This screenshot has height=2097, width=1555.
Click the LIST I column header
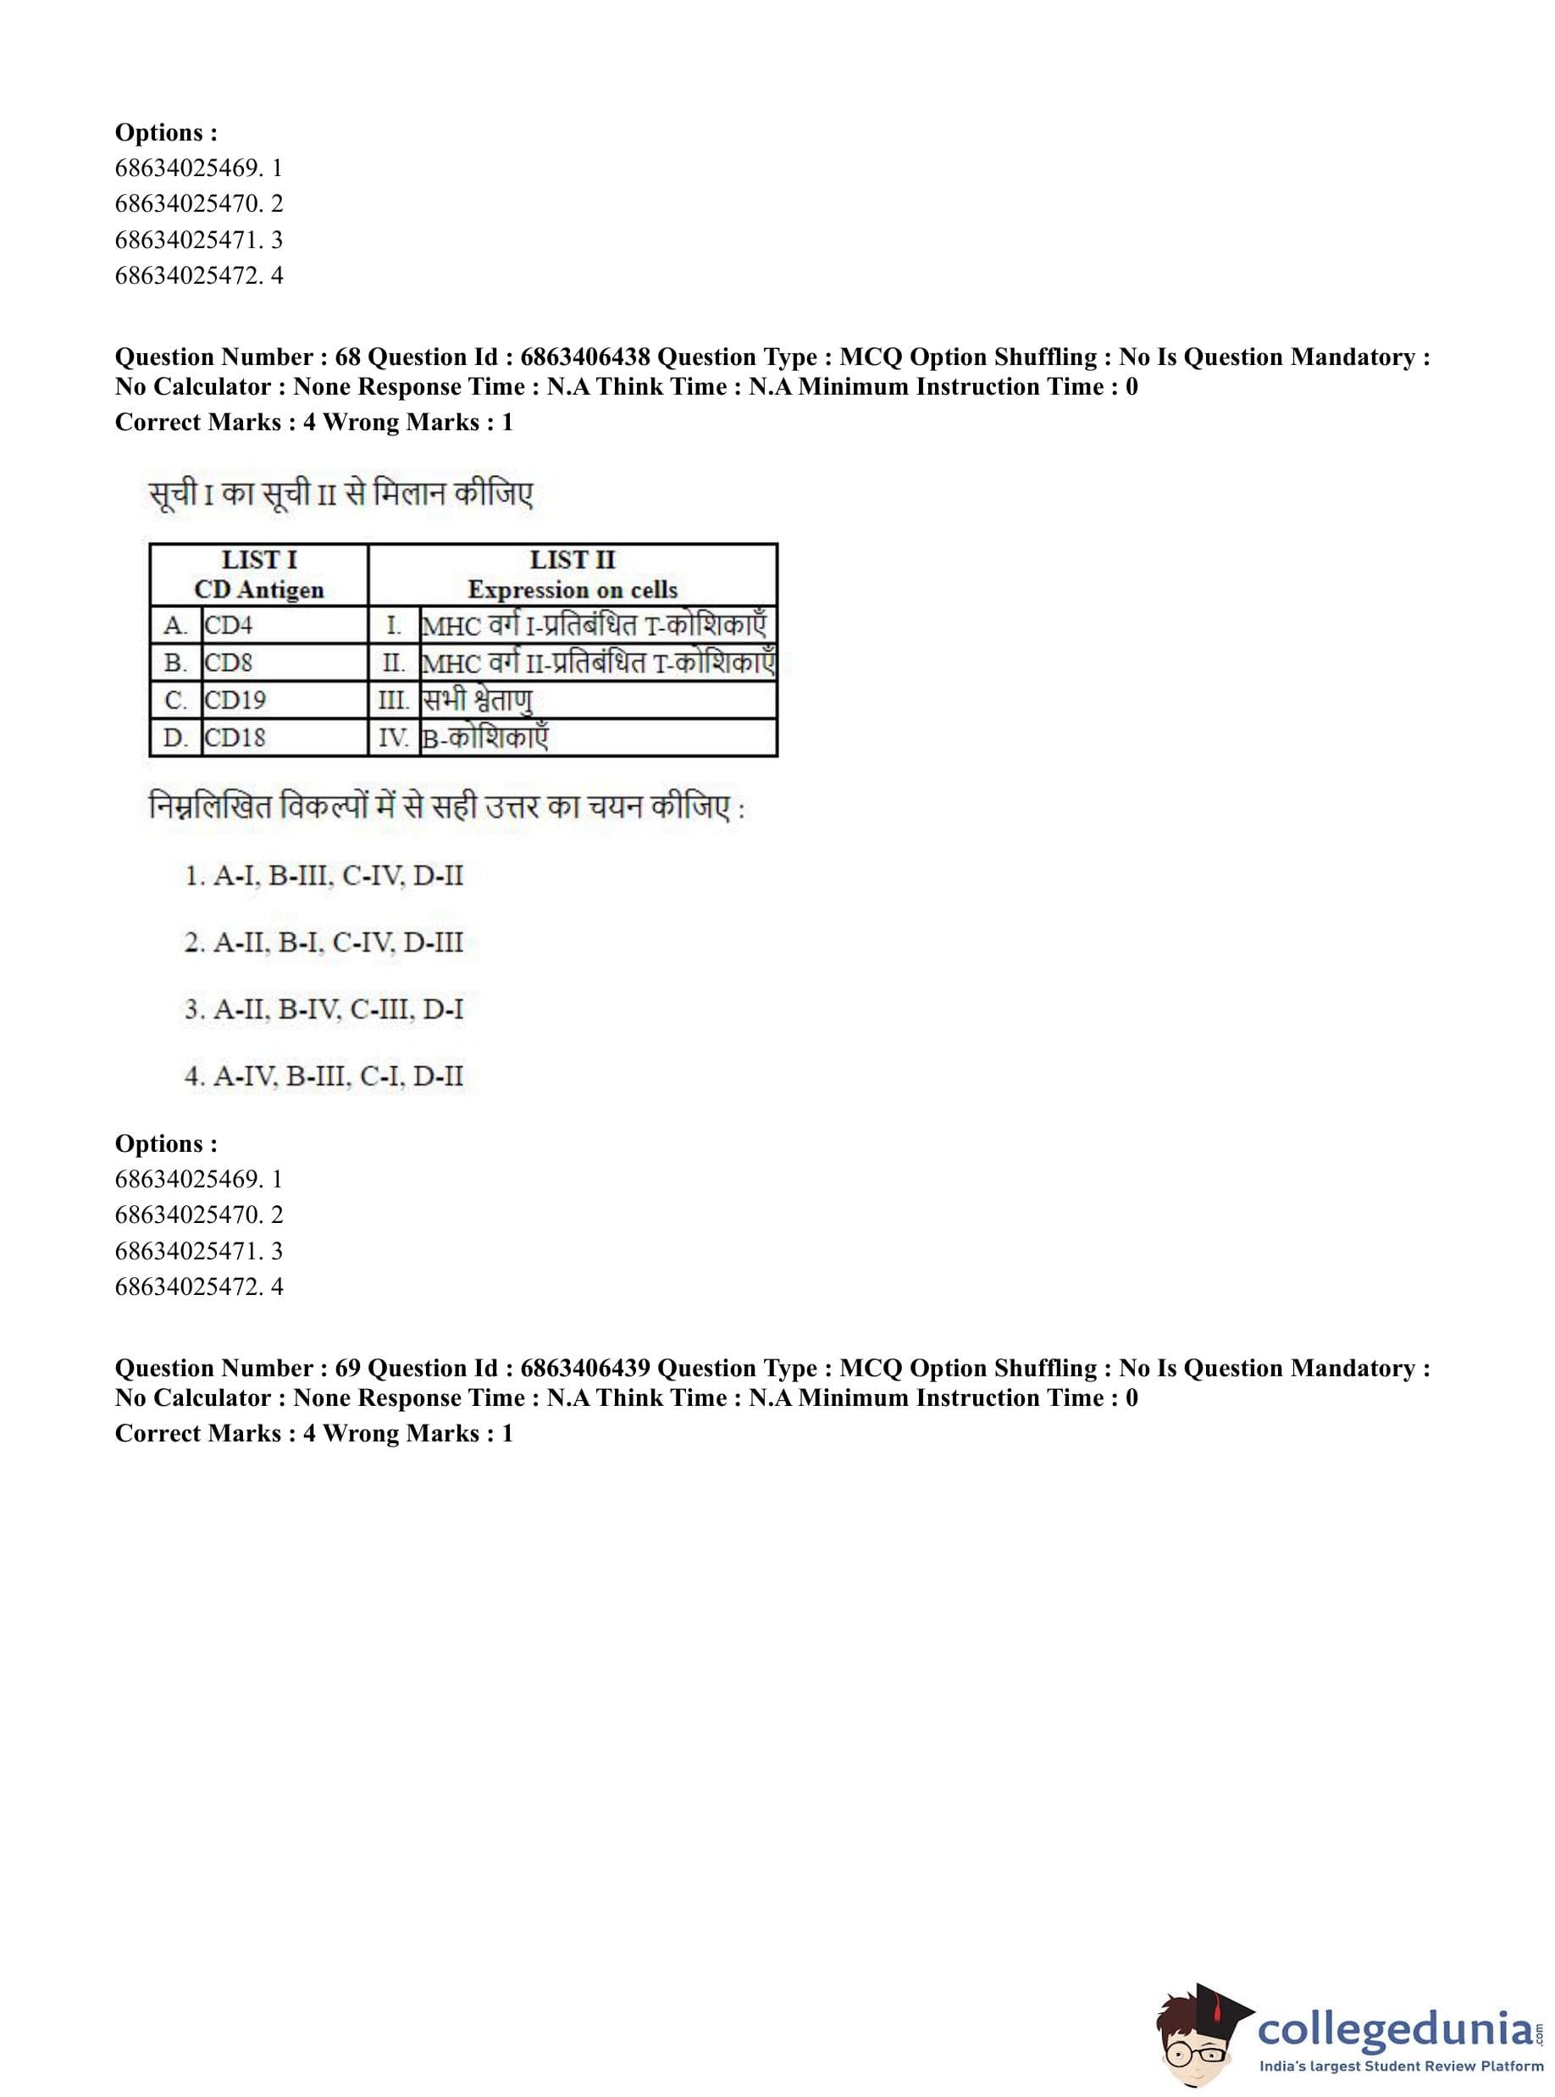[x=259, y=574]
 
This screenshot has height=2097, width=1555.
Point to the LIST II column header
[x=573, y=574]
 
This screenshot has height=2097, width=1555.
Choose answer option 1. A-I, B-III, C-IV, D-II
[x=324, y=877]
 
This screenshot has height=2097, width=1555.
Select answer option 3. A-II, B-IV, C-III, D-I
[x=324, y=1010]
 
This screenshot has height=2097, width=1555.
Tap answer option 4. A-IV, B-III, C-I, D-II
[x=324, y=1076]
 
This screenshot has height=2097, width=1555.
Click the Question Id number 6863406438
[x=584, y=357]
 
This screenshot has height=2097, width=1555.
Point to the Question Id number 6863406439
[x=584, y=1369]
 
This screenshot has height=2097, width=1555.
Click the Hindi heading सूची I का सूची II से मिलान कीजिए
[x=340, y=494]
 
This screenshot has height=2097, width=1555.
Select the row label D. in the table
[x=175, y=738]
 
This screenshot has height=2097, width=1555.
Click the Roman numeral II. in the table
[x=394, y=662]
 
